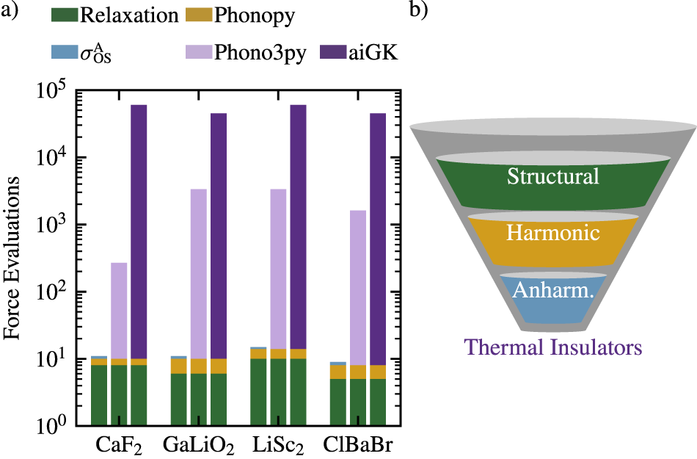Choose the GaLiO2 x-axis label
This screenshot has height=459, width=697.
click(x=199, y=447)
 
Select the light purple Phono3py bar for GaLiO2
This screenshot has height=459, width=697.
click(x=198, y=272)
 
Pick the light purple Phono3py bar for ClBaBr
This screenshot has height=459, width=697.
click(x=357, y=286)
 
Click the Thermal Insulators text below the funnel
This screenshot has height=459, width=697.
click(x=554, y=346)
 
